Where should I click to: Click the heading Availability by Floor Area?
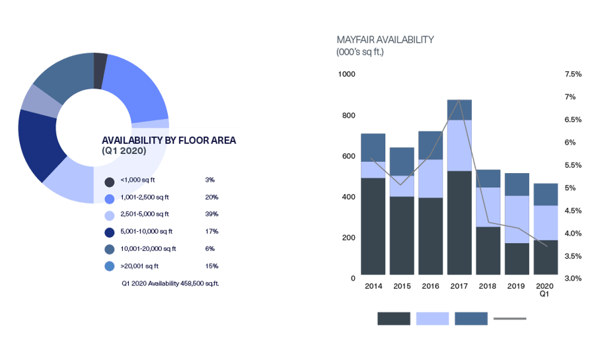(x=169, y=141)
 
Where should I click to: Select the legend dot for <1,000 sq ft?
(x=109, y=180)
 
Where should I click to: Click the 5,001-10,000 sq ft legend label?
(x=146, y=231)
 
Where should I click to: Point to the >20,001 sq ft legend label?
(x=140, y=266)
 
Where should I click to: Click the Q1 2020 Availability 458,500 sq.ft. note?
(x=170, y=283)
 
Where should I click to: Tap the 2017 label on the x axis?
(x=459, y=286)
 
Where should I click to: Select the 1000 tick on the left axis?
(x=347, y=75)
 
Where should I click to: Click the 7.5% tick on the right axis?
(x=572, y=75)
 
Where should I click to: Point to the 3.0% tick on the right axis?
(x=572, y=278)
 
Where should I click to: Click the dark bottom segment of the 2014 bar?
(x=373, y=227)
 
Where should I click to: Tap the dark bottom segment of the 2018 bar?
(x=488, y=251)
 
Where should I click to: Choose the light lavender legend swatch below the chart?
(x=432, y=319)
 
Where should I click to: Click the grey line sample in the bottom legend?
(x=510, y=319)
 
